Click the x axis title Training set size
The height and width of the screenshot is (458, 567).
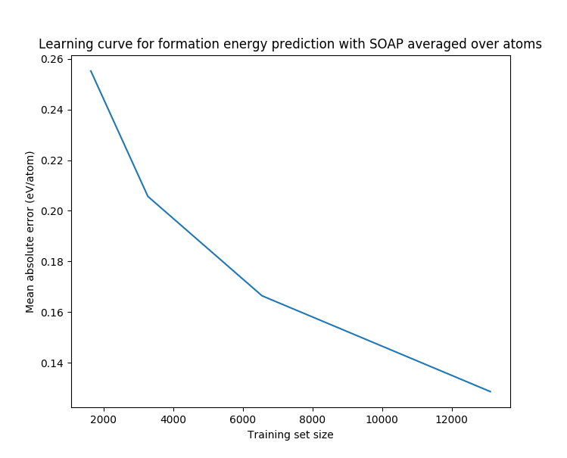[291, 435]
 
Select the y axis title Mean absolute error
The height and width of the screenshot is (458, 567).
[30, 232]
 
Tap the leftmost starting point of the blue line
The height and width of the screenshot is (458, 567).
[91, 71]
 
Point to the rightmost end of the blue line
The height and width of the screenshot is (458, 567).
[491, 391]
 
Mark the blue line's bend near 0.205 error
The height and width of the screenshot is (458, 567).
[148, 196]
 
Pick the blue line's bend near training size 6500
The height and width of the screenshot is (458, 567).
[262, 295]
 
